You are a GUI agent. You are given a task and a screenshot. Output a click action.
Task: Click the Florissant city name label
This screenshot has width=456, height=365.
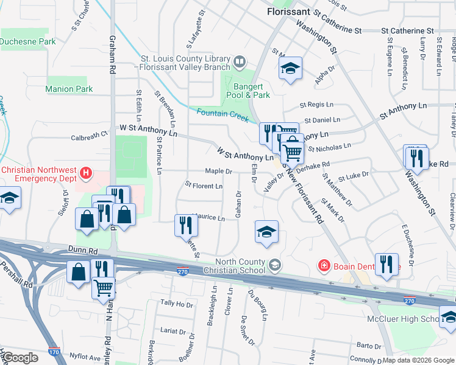[289, 12]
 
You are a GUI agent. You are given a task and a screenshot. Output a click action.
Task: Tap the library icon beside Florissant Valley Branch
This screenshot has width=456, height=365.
[240, 61]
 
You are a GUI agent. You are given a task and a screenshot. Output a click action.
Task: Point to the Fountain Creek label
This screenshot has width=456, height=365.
[222, 112]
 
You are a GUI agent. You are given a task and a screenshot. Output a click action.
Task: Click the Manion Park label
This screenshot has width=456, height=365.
[69, 89]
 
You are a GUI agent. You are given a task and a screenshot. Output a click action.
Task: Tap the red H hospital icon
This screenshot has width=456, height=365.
[87, 173]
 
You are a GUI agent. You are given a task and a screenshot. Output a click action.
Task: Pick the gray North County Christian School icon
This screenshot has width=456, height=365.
[275, 264]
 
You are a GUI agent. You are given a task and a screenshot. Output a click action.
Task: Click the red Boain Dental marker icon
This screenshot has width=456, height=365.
[325, 265]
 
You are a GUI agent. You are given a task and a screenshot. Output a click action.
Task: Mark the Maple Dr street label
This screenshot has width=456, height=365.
[218, 172]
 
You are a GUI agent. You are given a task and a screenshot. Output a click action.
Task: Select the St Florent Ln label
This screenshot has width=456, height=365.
[204, 185]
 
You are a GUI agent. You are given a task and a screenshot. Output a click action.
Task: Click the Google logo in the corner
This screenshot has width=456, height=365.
[21, 358]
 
